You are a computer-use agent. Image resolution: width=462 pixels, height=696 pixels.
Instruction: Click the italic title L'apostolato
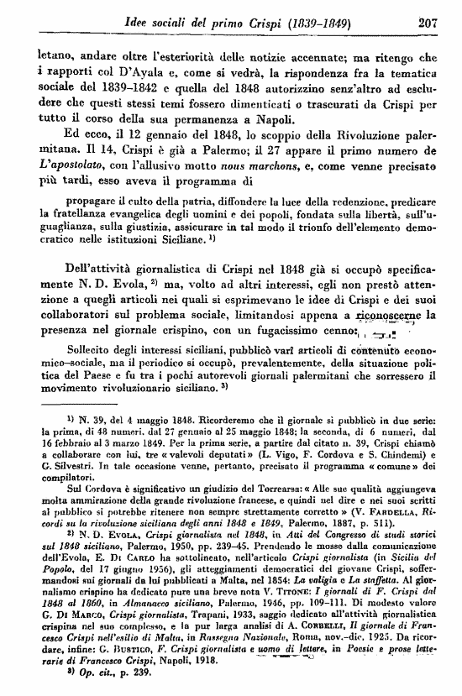click(71, 170)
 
